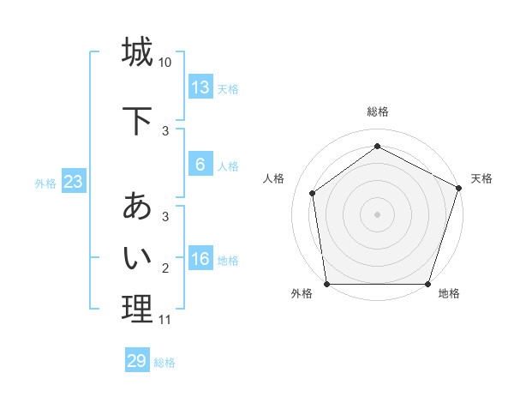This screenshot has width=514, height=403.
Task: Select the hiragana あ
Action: coord(137,207)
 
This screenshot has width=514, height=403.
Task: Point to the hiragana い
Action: coord(137,256)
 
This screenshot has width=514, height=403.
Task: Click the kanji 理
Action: coord(137,309)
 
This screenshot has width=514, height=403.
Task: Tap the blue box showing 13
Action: coord(200,87)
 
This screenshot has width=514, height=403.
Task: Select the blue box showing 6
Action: coord(200,165)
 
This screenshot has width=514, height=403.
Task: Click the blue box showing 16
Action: coord(200,260)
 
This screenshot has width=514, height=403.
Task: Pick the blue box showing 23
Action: coord(73,182)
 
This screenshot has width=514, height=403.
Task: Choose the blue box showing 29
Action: coord(137,361)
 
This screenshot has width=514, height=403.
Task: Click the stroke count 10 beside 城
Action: coord(165,63)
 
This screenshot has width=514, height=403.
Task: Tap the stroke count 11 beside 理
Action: coord(165,320)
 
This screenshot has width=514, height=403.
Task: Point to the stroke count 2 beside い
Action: coord(165,268)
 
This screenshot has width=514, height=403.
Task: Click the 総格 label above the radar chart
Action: coord(378,111)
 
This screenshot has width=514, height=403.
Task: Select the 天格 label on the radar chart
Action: coord(481,178)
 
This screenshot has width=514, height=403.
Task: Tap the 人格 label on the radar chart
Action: coord(274,178)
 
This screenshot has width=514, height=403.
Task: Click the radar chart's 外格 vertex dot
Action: coord(326,284)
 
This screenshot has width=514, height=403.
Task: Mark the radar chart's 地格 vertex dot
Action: coord(428,284)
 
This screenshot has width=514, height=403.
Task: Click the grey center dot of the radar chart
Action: coord(378,214)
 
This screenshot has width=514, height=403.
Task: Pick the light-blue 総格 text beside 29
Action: coord(164,363)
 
